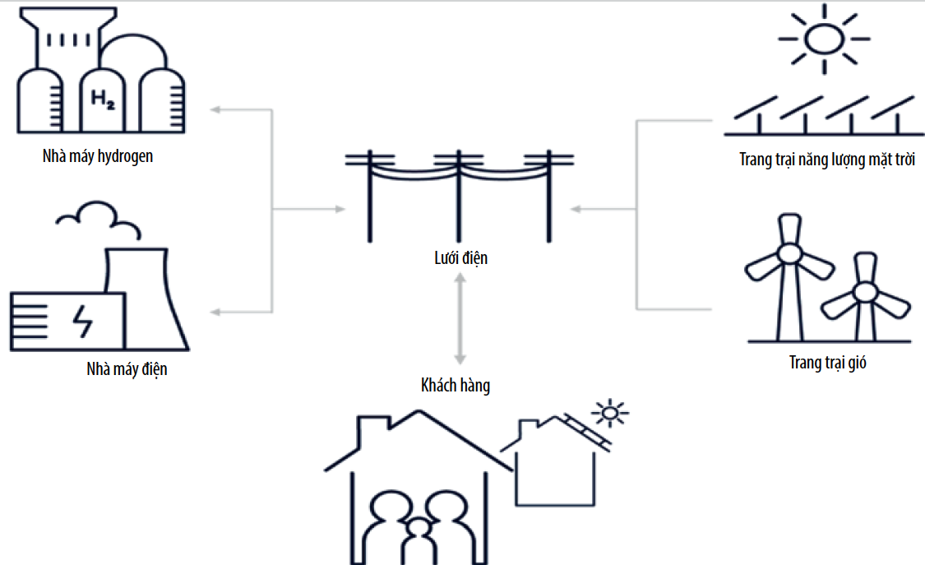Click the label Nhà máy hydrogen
98,156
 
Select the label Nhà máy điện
127,368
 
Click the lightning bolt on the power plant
84,320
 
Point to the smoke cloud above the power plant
98,215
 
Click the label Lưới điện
460,258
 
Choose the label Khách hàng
456,384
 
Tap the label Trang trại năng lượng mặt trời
827,159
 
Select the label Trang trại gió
827,362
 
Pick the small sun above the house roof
609,412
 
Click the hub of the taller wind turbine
789,254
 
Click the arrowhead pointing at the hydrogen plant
215,109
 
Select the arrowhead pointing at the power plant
215,312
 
